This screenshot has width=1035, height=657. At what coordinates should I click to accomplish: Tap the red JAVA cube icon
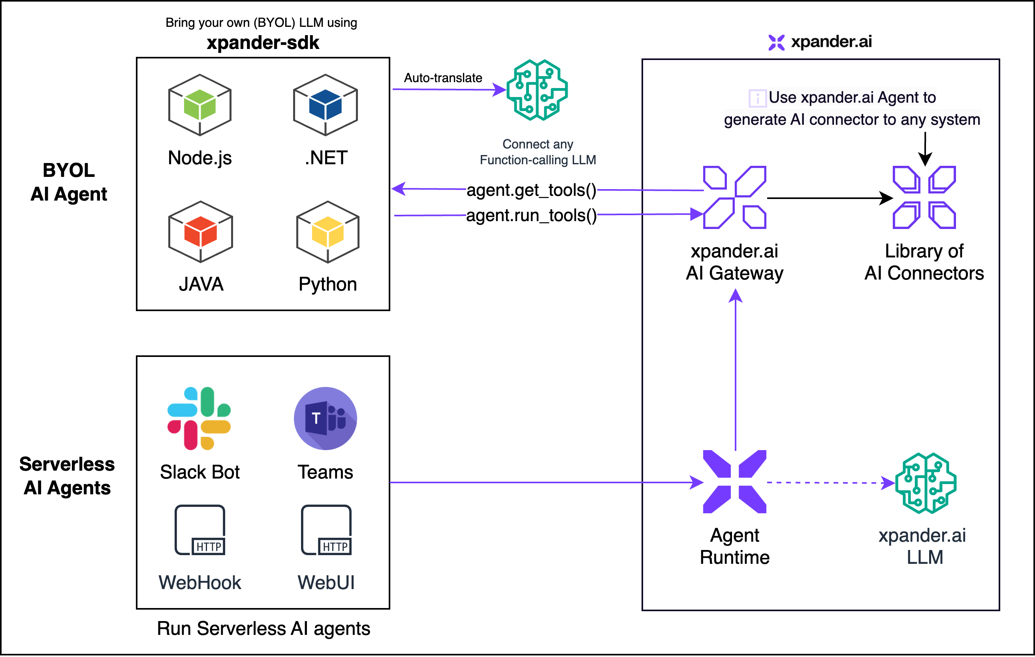(x=200, y=232)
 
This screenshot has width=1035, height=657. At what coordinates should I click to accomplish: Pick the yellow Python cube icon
(x=327, y=232)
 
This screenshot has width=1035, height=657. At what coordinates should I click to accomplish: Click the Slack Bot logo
(x=199, y=418)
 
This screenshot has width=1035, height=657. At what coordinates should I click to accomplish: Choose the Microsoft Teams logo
(x=326, y=418)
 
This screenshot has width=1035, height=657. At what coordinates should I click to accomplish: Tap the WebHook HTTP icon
(x=200, y=530)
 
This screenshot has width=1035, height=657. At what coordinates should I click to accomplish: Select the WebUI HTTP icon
(x=326, y=530)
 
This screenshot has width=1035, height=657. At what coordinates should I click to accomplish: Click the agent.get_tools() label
(x=531, y=190)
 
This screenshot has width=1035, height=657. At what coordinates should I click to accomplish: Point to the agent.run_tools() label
(x=531, y=215)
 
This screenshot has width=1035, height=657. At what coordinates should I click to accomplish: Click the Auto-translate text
(x=443, y=78)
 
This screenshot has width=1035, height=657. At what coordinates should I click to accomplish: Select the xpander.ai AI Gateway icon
(x=734, y=197)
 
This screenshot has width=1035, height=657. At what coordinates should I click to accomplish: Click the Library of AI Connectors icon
(x=924, y=197)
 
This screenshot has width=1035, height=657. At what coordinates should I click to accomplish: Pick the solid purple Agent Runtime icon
(x=734, y=482)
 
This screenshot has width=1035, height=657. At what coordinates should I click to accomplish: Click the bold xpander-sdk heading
(x=263, y=43)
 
